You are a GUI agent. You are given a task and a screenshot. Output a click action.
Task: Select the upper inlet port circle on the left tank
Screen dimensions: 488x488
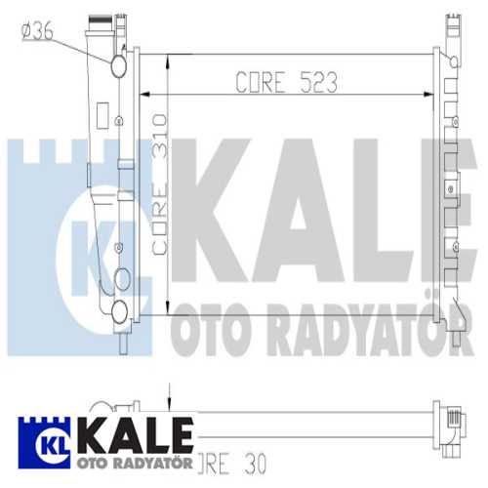click(119, 66)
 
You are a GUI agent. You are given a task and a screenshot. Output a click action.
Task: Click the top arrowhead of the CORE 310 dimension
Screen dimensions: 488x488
click(170, 60)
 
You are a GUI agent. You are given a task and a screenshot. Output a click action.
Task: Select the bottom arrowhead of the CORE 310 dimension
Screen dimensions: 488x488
click(170, 300)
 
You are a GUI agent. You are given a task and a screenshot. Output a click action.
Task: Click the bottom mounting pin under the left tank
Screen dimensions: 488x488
click(121, 343)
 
